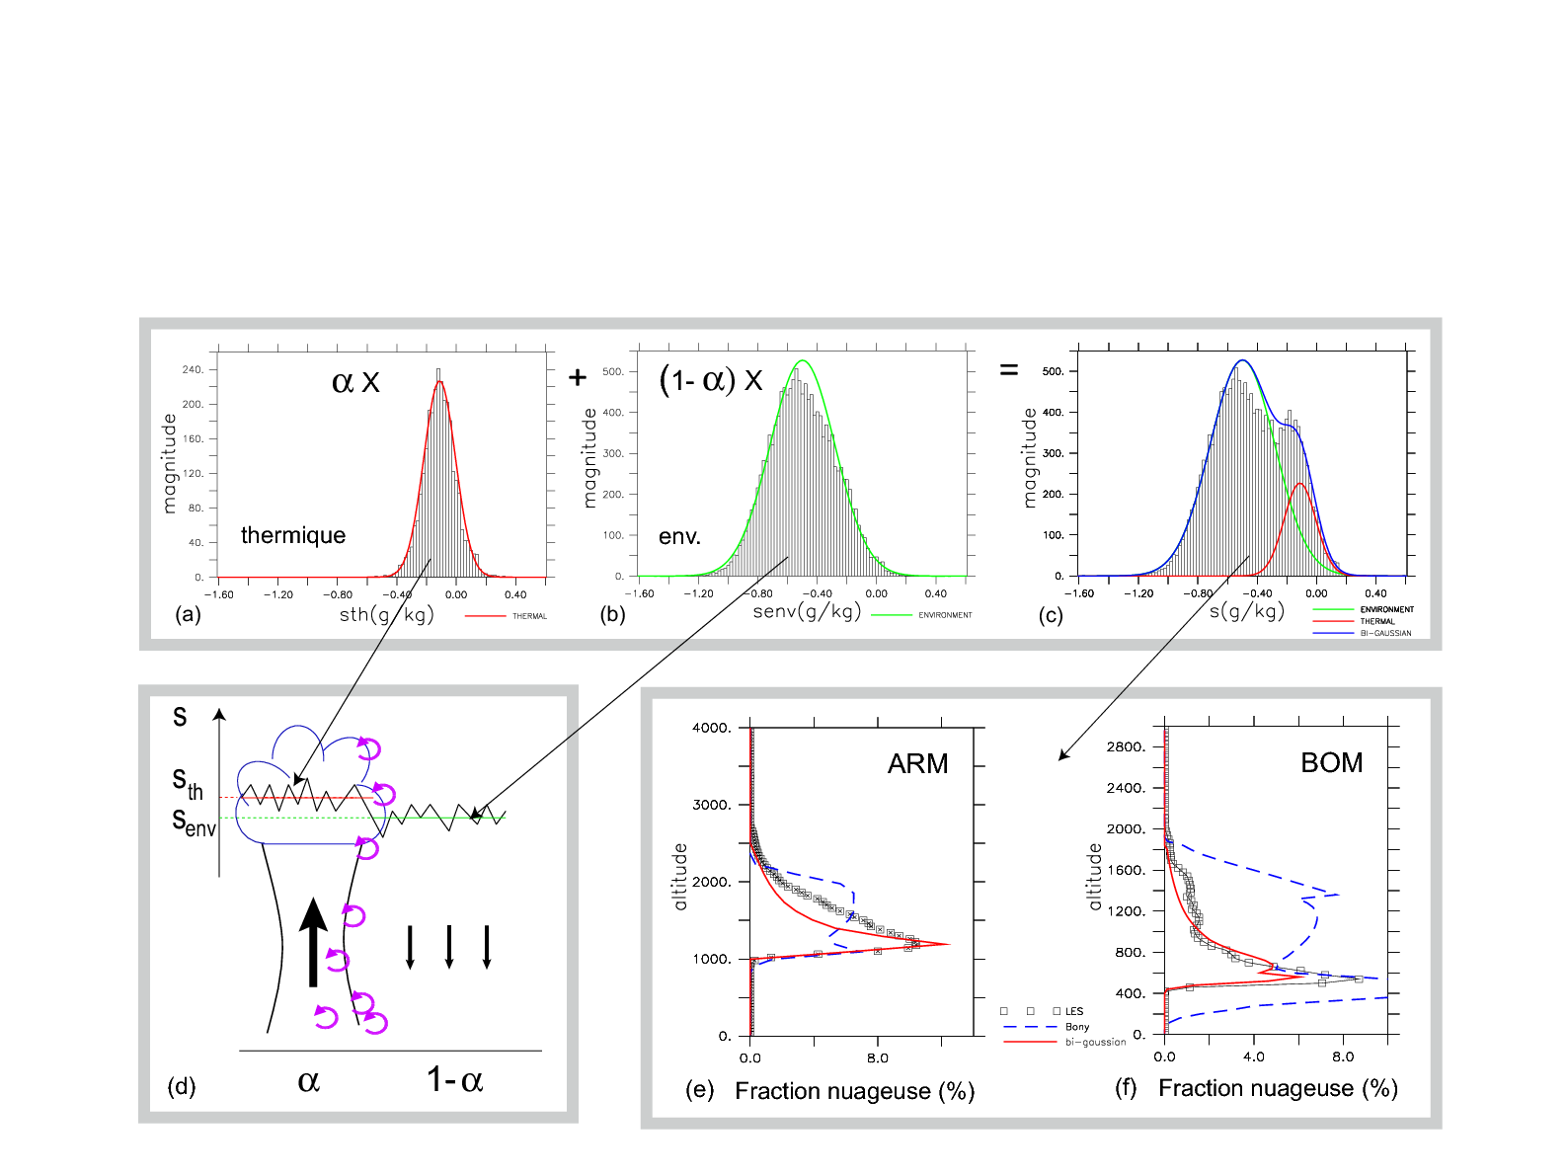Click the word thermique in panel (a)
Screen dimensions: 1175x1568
pos(293,535)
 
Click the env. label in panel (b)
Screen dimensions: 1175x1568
pos(679,537)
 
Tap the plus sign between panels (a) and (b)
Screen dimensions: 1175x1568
pos(578,377)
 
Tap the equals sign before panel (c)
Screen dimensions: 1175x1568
pos(1008,370)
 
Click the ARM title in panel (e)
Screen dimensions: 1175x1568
pos(917,763)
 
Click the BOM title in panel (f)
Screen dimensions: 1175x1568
pos(1331,762)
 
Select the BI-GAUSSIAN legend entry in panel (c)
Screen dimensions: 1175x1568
pos(1385,633)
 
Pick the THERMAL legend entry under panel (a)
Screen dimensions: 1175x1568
pos(528,616)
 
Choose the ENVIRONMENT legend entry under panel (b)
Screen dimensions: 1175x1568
pos(944,615)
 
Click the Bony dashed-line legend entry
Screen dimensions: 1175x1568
pos(1076,1027)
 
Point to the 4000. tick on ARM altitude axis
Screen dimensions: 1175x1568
pos(712,728)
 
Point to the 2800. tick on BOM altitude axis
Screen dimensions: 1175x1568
pos(1127,746)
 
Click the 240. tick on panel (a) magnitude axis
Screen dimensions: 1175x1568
pos(192,369)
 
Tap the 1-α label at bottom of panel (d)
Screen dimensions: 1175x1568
pos(454,1080)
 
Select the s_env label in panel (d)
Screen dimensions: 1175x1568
pos(194,822)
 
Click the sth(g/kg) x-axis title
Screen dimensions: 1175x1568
pos(386,615)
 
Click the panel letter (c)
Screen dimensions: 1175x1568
pos(1050,616)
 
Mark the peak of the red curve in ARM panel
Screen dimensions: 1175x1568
pos(948,944)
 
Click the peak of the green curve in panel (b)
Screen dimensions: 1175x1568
pos(803,361)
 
